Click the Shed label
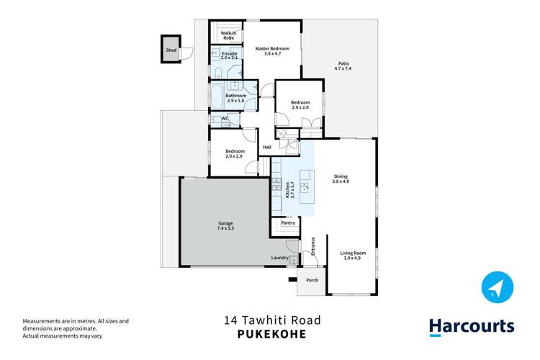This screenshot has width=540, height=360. [x=171, y=50]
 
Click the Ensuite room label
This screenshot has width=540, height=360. [x=230, y=53]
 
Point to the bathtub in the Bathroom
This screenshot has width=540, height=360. [x=217, y=95]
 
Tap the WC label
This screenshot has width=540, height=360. [x=225, y=118]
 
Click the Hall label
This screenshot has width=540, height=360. [x=266, y=147]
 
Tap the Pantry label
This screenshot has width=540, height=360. [x=288, y=223]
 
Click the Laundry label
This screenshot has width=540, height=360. [x=280, y=258]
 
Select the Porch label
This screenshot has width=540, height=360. [x=312, y=280]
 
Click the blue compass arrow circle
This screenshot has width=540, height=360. [x=496, y=287]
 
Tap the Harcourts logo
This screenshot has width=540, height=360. [x=472, y=326]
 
